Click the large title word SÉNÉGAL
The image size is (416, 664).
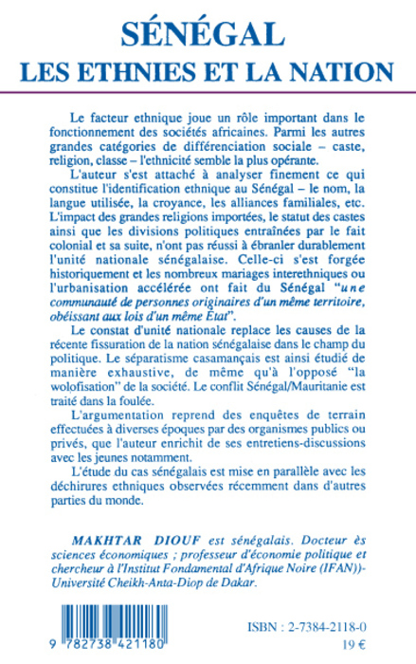click(208, 35)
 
